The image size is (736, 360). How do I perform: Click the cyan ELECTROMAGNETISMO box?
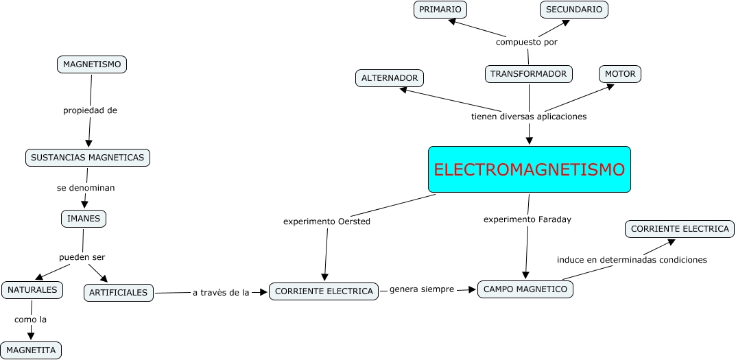529,169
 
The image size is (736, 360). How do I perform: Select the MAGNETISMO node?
92,64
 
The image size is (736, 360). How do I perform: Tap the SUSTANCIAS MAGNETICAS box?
88,158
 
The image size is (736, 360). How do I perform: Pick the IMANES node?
84,219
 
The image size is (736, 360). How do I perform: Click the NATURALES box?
32,290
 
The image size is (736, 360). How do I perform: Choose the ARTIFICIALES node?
119,293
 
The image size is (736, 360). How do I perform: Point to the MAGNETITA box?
31,350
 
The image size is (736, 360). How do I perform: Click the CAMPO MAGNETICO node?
525,289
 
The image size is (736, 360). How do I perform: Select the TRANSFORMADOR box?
528,74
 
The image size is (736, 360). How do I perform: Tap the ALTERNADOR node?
390,78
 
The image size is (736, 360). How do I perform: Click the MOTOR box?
620,74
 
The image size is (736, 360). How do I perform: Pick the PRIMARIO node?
440,10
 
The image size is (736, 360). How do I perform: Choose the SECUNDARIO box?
574,10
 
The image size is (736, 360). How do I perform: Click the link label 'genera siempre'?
422,289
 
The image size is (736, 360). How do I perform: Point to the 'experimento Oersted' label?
327,221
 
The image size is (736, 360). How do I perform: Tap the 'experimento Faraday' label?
527,219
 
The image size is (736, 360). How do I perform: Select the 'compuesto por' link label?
527,42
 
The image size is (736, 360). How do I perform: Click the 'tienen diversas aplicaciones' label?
529,117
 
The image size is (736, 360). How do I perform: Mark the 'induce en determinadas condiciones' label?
632,260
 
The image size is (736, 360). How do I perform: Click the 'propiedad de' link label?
91,110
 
